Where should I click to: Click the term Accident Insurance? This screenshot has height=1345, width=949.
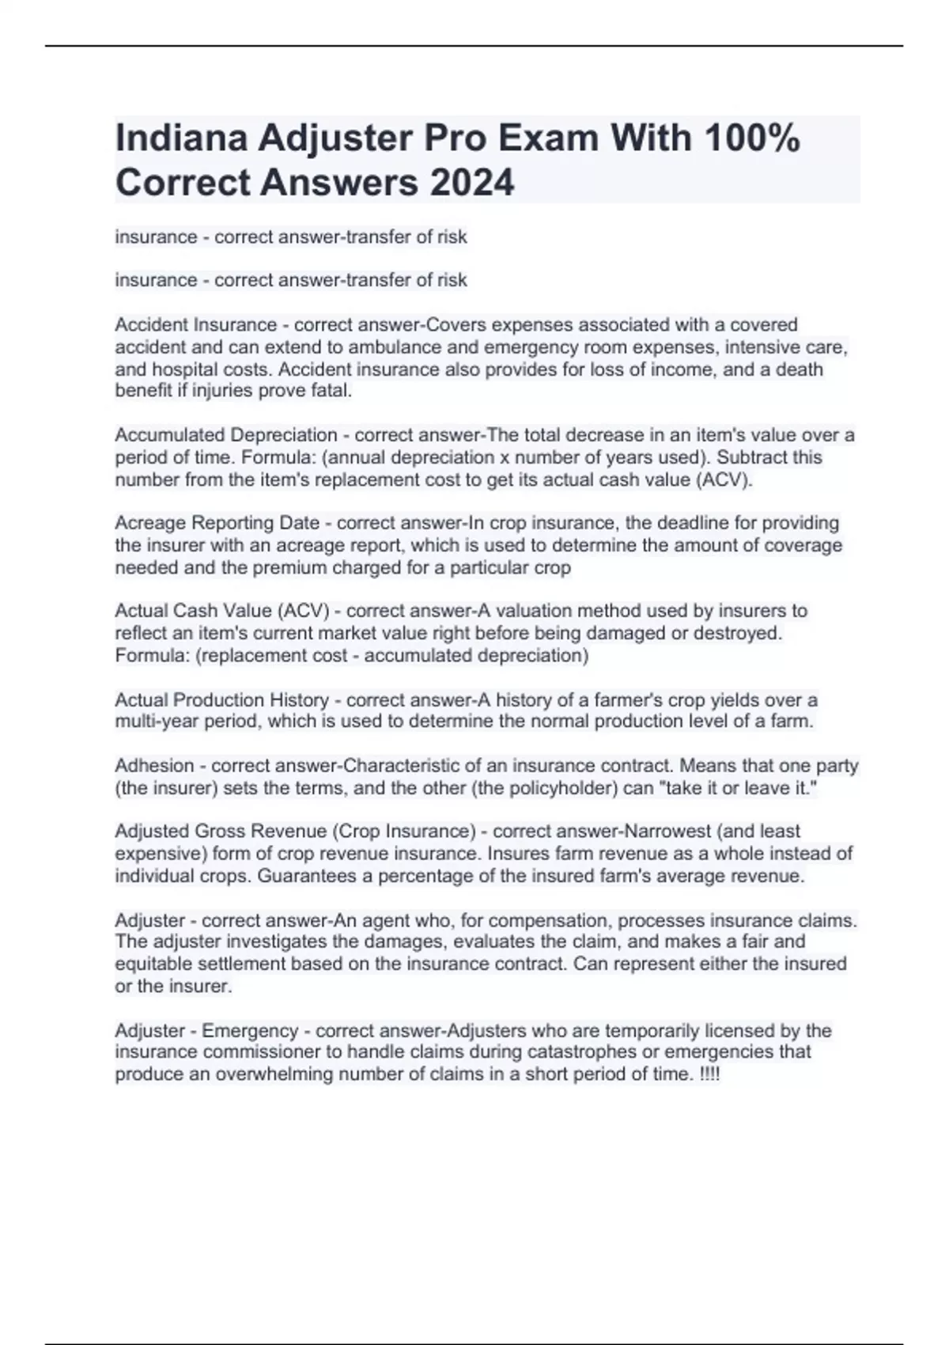point(195,325)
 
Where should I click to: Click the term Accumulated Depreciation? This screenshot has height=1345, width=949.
point(226,435)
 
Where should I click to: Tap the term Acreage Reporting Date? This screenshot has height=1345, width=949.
point(217,523)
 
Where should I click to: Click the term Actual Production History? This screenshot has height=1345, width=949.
point(221,700)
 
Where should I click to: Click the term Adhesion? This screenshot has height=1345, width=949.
point(154,766)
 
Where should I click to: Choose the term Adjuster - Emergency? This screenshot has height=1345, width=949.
point(206,1031)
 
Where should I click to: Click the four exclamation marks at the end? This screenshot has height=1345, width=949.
point(710,1074)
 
